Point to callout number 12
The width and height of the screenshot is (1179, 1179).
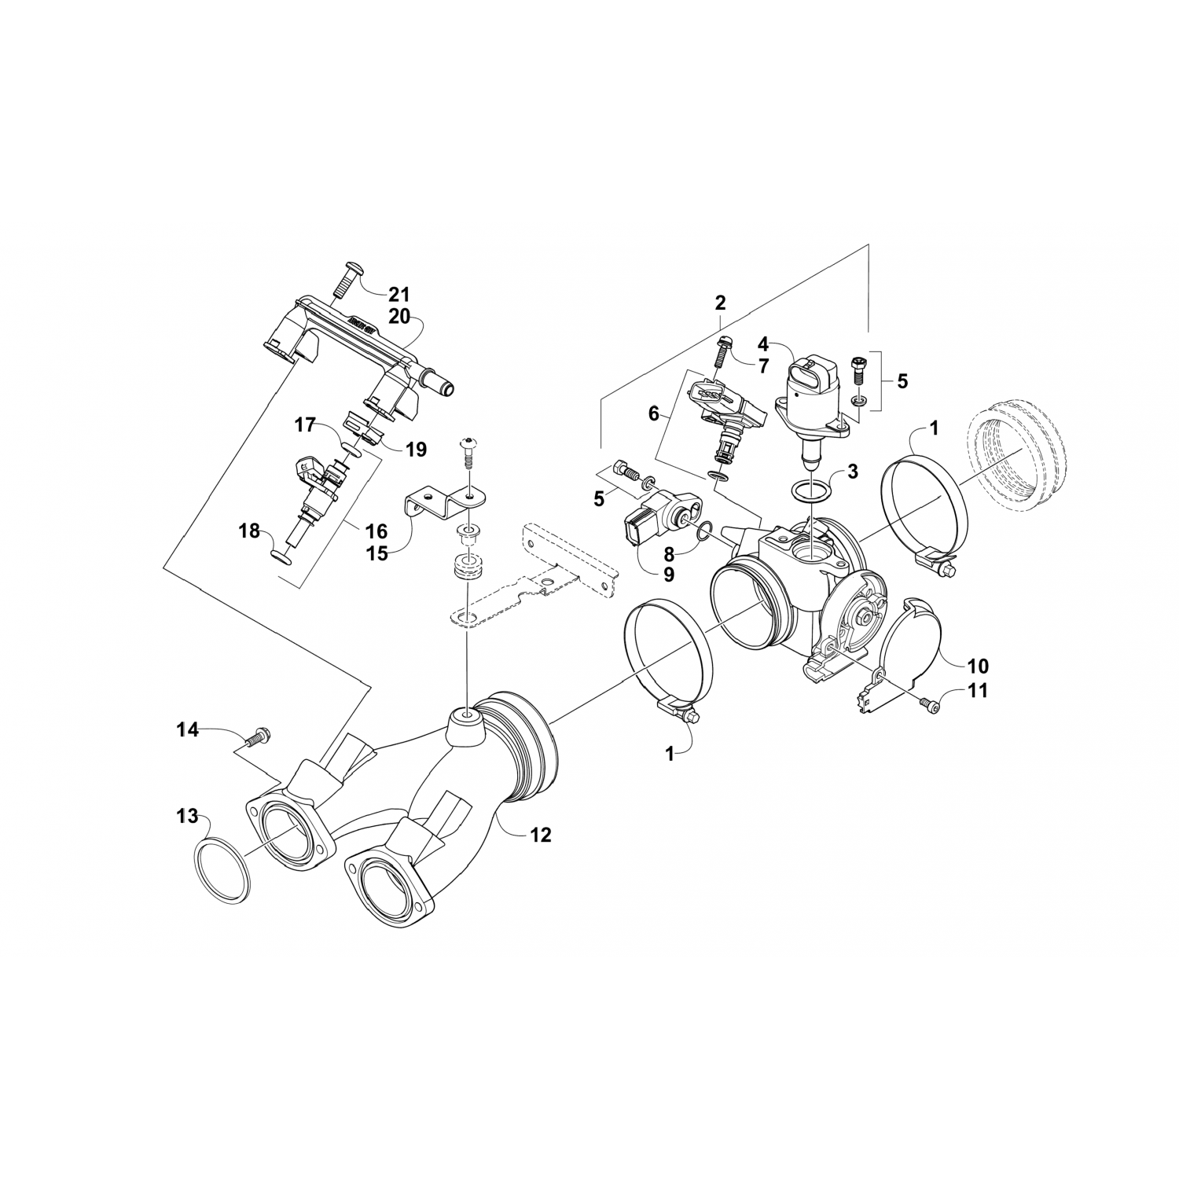pos(540,835)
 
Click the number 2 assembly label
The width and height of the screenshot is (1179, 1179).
pos(720,302)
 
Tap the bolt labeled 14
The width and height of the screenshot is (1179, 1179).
pos(257,738)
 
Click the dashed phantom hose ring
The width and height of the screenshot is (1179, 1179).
pos(1018,455)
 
